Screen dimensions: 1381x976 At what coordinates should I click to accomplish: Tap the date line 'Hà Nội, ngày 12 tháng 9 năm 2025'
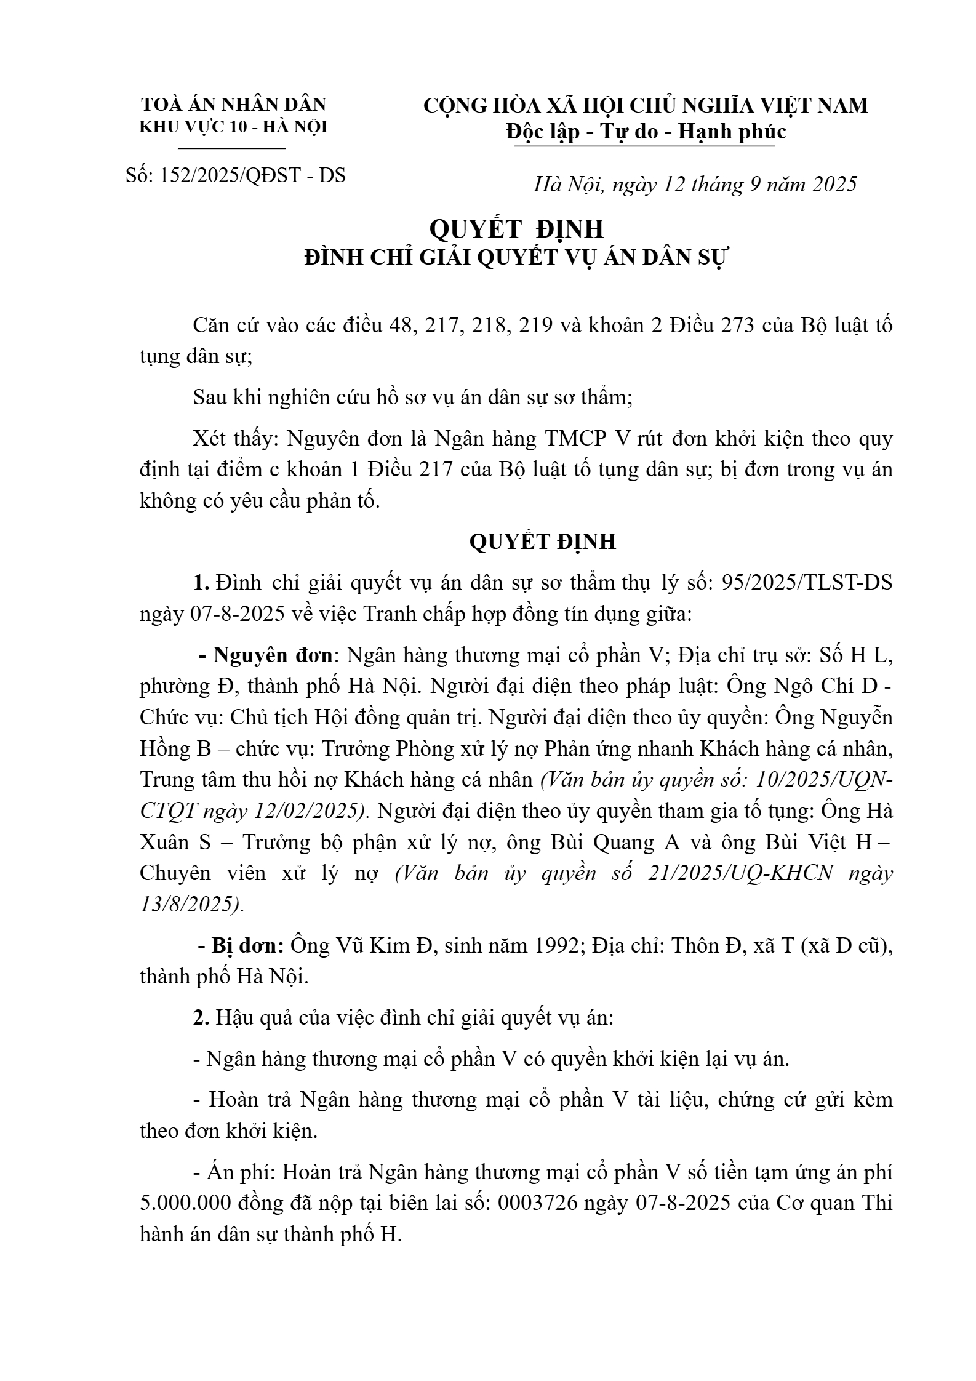[695, 184]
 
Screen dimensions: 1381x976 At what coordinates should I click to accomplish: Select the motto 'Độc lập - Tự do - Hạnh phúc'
[646, 132]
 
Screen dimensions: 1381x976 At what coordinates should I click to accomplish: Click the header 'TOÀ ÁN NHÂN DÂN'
[234, 104]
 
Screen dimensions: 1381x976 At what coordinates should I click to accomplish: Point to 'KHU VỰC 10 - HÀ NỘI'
[234, 127]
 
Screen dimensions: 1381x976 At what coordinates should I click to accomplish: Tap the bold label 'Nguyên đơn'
[273, 655]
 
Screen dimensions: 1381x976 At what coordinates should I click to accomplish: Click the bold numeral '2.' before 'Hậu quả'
[201, 1017]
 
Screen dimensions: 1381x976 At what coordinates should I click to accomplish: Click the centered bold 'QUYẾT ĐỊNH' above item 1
[542, 542]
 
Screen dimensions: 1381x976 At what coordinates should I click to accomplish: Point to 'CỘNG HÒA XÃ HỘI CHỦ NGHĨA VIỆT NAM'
[646, 105]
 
